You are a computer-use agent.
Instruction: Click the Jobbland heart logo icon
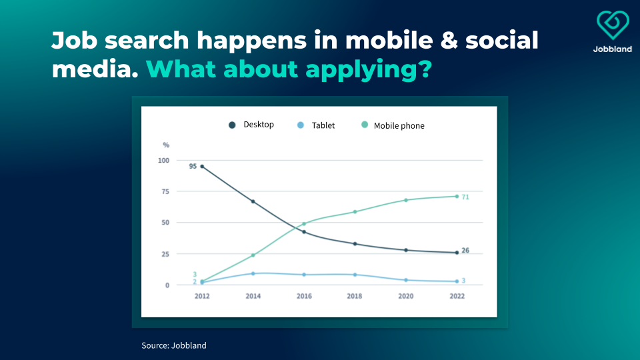click(613, 25)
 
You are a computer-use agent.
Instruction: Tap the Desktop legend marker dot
click(232, 125)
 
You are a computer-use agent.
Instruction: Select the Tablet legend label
click(323, 125)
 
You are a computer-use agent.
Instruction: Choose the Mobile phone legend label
click(399, 126)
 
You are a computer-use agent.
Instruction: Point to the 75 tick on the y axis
click(165, 191)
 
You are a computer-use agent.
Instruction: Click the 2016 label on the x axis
click(304, 296)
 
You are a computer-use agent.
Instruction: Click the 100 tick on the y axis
click(164, 161)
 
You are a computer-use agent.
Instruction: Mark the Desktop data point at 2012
click(202, 167)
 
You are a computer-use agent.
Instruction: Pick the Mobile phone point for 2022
click(457, 196)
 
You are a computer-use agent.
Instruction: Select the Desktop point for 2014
click(253, 201)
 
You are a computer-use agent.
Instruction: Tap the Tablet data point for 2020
click(406, 280)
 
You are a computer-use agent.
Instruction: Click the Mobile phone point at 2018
click(355, 212)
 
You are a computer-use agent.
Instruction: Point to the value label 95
click(193, 166)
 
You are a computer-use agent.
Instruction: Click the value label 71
click(465, 197)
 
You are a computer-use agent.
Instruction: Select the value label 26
click(465, 250)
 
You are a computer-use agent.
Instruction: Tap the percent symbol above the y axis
click(166, 145)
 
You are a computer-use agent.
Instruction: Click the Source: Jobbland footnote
click(174, 345)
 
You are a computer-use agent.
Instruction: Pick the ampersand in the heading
click(449, 41)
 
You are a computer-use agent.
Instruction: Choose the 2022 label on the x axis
click(457, 296)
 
